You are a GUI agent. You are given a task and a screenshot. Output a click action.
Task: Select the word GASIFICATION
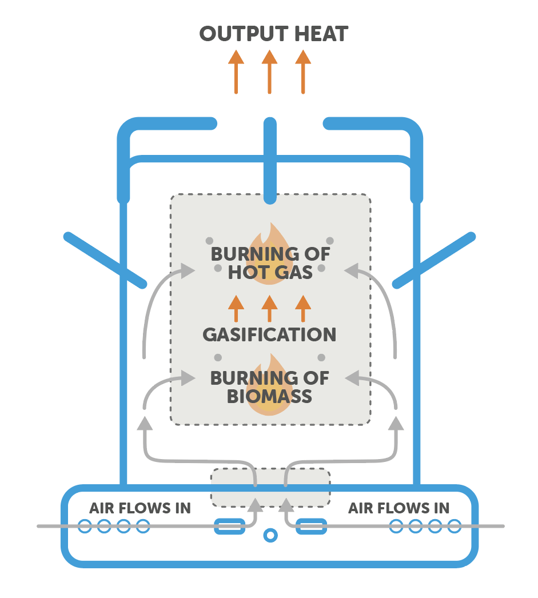pos(269,334)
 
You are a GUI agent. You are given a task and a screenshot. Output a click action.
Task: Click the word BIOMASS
pos(269,396)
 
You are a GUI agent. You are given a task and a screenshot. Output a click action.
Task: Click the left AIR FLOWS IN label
pos(140,508)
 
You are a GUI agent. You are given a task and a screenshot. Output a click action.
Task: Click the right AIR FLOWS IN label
pos(398,508)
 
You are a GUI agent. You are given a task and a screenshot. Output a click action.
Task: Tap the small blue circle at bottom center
pos(269,535)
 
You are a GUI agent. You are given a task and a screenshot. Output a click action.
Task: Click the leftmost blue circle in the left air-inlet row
pos(85,526)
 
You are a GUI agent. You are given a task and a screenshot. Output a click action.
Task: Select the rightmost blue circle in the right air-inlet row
pos(455,526)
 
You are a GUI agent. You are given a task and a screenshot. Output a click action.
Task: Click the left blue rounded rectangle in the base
pos(229,526)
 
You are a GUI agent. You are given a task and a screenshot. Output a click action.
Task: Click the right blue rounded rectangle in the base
pos(312,526)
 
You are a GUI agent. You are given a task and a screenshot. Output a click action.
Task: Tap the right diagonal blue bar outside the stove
pos(435,260)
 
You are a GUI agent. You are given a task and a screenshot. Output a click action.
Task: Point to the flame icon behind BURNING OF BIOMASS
pos(269,383)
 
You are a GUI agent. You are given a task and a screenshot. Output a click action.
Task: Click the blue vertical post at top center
pos(269,160)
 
